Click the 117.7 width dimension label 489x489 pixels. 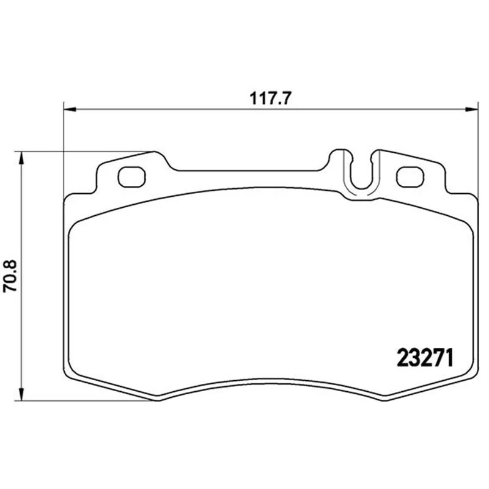[x=270, y=99]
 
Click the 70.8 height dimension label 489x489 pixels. [x=10, y=276]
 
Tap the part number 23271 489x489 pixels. [x=425, y=358]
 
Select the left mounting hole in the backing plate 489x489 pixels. [x=131, y=177]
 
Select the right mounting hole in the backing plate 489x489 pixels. [x=410, y=177]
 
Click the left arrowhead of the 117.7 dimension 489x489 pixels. [x=70, y=109]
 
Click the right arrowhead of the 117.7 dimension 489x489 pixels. [x=471, y=109]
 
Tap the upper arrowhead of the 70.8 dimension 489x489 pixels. [x=21, y=158]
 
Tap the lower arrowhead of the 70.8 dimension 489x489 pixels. [x=21, y=394]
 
